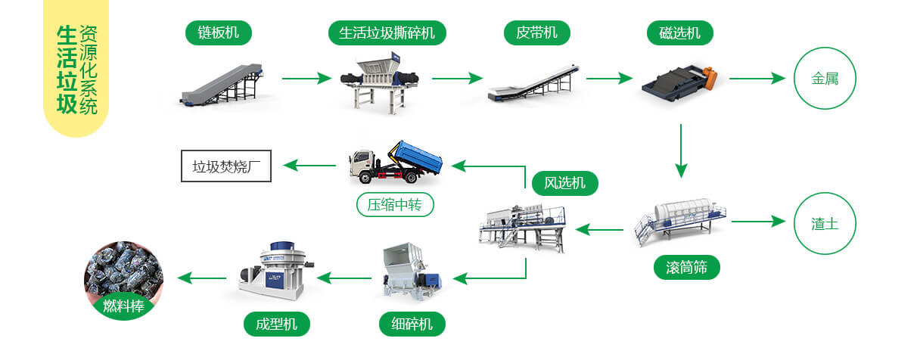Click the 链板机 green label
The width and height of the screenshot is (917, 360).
click(218, 32)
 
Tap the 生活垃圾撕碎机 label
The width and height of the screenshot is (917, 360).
click(387, 32)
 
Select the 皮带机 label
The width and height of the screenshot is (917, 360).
click(536, 32)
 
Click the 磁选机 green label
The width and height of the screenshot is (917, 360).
click(679, 32)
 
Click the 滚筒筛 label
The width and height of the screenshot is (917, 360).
click(686, 267)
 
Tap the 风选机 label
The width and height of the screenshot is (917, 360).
click(564, 182)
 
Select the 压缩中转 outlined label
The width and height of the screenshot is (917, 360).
click(395, 204)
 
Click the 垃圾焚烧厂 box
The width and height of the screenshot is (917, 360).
click(226, 166)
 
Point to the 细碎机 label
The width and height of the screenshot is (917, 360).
click(412, 324)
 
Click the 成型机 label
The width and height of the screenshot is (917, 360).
click(277, 324)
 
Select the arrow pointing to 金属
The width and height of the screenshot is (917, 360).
click(757, 78)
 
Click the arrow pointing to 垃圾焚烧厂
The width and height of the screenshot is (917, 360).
click(311, 165)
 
